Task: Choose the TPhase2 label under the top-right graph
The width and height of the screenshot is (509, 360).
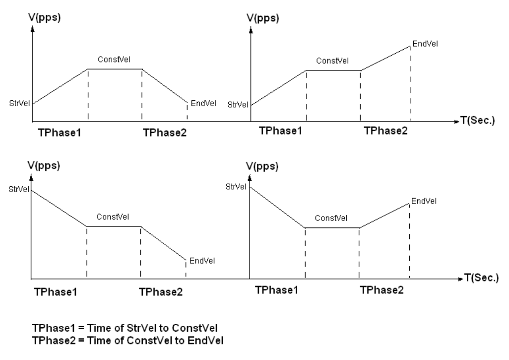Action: pyautogui.click(x=385, y=131)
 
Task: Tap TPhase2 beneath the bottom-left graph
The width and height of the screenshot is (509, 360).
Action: pyautogui.click(x=161, y=291)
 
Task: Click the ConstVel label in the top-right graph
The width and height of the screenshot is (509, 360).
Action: pyautogui.click(x=332, y=61)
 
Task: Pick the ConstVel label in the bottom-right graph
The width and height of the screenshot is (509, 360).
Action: pyautogui.click(x=331, y=218)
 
